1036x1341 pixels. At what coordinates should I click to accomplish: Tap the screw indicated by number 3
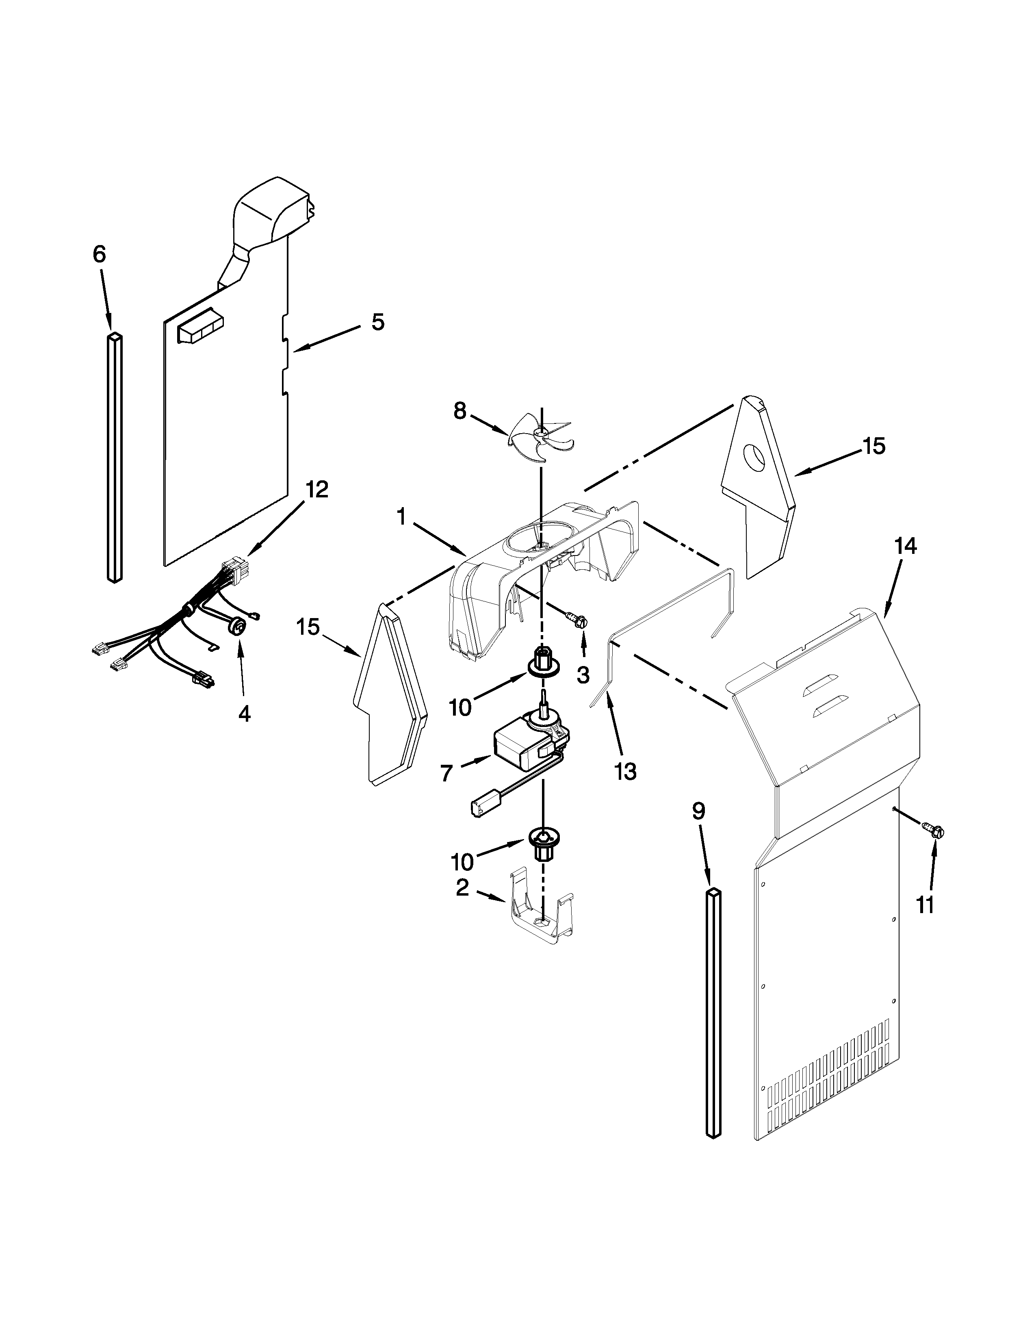point(578,621)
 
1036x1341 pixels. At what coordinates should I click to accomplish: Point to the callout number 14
point(905,546)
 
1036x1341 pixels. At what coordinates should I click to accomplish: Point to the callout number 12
point(317,489)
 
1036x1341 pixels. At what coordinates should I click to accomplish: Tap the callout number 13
point(625,772)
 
